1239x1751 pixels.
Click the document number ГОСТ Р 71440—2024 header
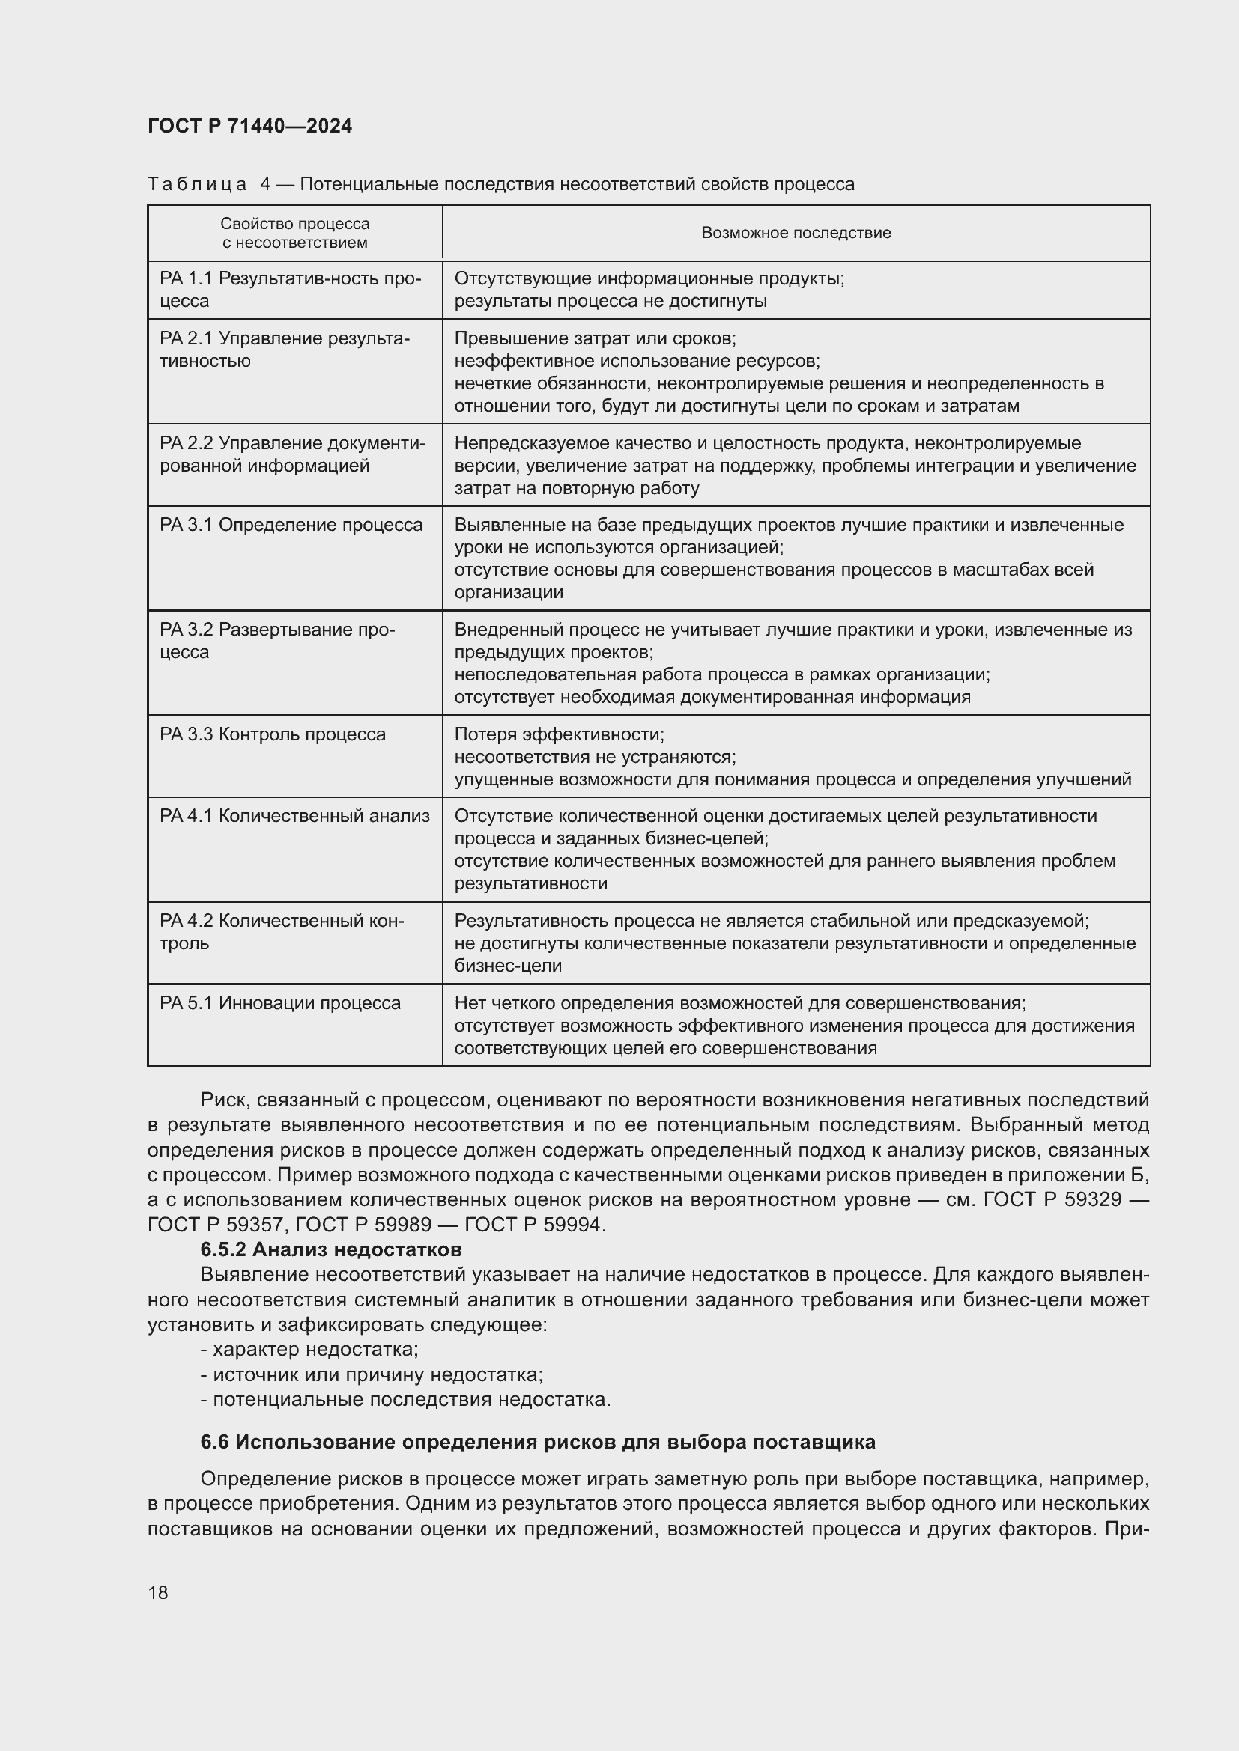click(x=249, y=126)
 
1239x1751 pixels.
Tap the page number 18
click(x=158, y=1592)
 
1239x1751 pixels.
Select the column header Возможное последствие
click(x=796, y=233)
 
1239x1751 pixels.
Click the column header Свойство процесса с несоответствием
click(x=294, y=233)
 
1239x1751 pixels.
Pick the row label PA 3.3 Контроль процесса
click(x=273, y=734)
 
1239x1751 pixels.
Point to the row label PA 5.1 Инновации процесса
click(x=280, y=1003)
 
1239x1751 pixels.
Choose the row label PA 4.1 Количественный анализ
click(x=294, y=816)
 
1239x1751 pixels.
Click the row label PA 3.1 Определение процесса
click(x=291, y=525)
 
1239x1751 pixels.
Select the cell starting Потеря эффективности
click(x=792, y=757)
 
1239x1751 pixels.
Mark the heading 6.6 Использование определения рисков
click(x=537, y=1442)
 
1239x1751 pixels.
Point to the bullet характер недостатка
click(x=309, y=1349)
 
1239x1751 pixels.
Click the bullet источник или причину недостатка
click(x=372, y=1374)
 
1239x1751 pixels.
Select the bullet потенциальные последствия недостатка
click(x=405, y=1399)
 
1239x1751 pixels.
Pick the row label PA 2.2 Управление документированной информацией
click(x=292, y=454)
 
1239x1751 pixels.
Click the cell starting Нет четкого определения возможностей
click(x=793, y=1025)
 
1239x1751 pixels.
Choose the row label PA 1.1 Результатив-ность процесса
click(x=290, y=289)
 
